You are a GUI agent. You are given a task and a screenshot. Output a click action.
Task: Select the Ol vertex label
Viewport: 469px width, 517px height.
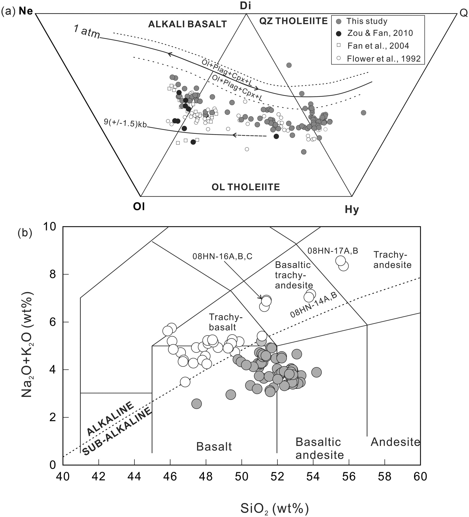139,206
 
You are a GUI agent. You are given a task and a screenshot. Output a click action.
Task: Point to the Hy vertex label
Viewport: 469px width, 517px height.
352,210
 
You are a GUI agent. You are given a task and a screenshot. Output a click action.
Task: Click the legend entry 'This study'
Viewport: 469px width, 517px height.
366,21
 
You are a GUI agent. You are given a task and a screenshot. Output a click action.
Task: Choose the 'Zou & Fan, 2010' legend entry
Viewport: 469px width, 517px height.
380,33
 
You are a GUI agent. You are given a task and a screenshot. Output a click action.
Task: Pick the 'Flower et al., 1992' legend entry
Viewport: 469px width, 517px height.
383,59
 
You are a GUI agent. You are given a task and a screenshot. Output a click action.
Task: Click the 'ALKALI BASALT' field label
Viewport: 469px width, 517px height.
187,24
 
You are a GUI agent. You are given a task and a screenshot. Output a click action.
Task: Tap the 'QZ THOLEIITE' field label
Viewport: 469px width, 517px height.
293,21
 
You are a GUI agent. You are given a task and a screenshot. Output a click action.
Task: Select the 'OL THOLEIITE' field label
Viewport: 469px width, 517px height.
246,187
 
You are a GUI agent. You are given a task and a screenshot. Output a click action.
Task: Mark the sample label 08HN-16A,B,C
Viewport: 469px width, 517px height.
223,256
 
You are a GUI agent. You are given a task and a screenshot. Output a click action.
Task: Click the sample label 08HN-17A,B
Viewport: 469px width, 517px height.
333,251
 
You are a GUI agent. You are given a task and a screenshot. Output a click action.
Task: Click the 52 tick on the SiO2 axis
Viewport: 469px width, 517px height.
277,477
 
